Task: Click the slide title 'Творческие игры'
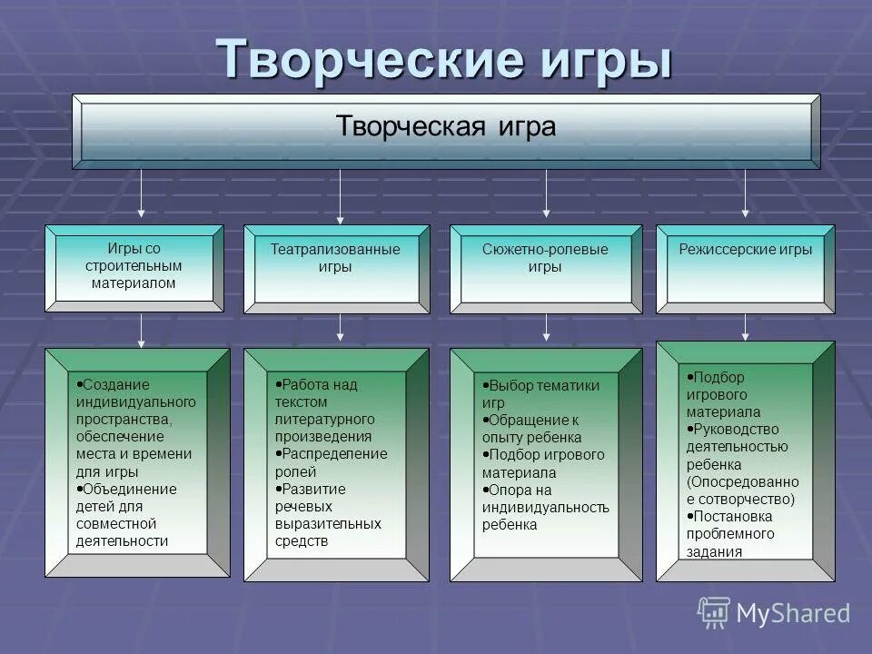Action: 444,60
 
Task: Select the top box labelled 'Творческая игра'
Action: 446,127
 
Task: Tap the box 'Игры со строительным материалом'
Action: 134,266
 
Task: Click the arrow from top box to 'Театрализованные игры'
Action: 340,195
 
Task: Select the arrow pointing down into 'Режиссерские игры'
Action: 745,195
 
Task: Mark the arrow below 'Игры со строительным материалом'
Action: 141,330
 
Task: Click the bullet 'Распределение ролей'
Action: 331,462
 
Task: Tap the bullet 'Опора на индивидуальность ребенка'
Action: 545,507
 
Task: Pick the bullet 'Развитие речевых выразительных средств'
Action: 327,514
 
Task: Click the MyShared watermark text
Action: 793,613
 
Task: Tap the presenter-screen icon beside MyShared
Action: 714,612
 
